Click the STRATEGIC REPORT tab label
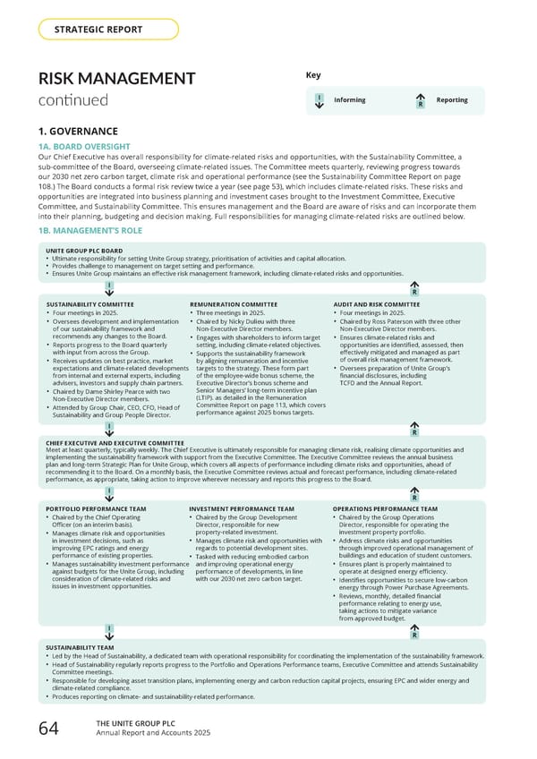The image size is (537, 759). (x=98, y=30)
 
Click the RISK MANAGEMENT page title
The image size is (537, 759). (x=116, y=80)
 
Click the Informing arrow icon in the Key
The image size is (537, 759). (x=320, y=100)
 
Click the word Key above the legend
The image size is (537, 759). (x=313, y=75)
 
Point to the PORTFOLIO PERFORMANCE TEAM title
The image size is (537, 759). (x=96, y=509)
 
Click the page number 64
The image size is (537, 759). (x=48, y=729)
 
